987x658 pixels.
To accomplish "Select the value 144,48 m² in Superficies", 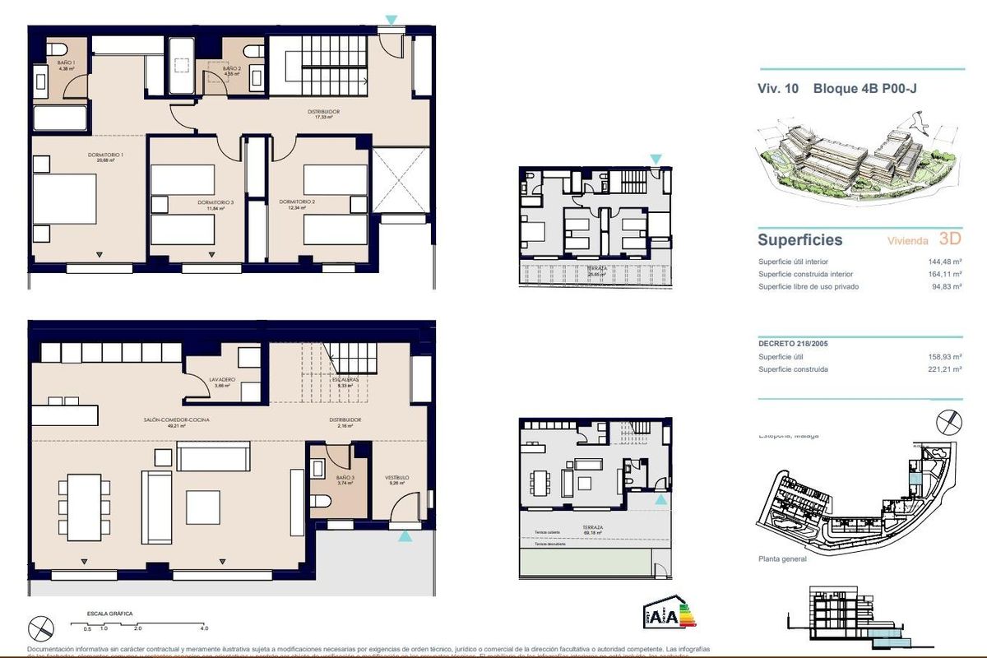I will click(x=944, y=262).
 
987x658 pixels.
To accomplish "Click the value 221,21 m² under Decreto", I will click(x=944, y=369).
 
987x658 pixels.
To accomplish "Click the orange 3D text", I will click(x=950, y=239).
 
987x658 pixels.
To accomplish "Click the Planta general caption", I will click(x=782, y=559).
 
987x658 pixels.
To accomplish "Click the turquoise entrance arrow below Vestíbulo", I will click(x=405, y=536).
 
